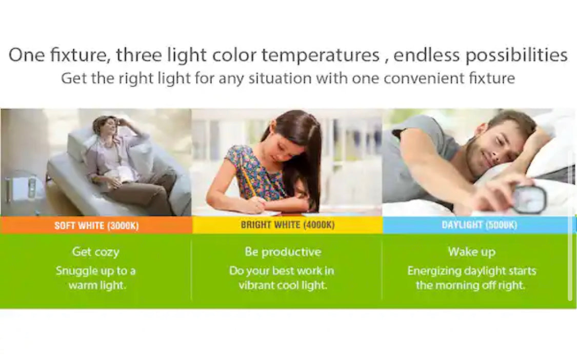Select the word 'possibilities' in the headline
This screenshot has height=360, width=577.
517,55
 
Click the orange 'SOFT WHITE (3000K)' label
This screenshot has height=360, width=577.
96,225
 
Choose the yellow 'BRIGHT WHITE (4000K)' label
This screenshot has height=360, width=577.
288,225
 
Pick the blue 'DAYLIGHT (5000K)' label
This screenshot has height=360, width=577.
479,225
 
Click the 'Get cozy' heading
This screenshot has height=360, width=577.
96,252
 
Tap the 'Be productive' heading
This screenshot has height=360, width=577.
283,252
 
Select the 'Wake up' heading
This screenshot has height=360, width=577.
472,252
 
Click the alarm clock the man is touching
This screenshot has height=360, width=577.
529,199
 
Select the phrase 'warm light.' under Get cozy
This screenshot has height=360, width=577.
97,285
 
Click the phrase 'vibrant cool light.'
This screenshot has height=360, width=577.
283,285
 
